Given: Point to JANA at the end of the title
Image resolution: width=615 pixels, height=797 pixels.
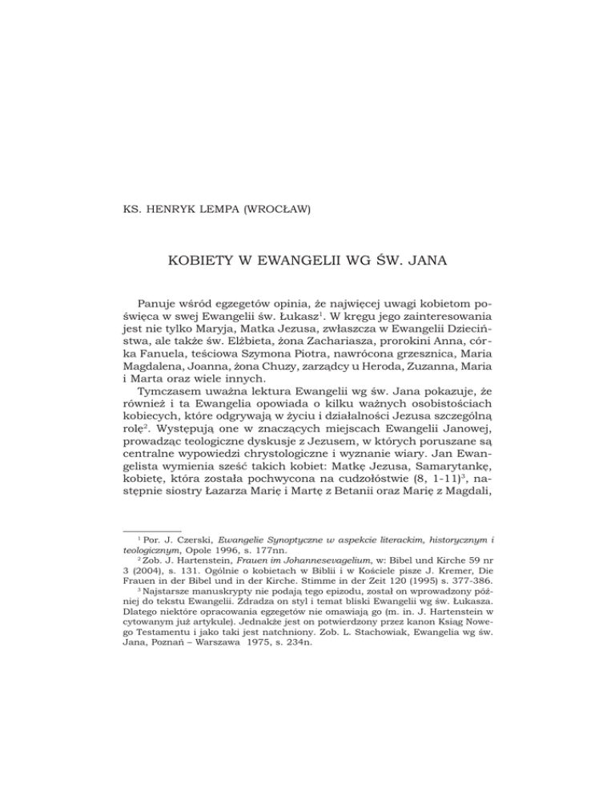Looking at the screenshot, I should point(452,261).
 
